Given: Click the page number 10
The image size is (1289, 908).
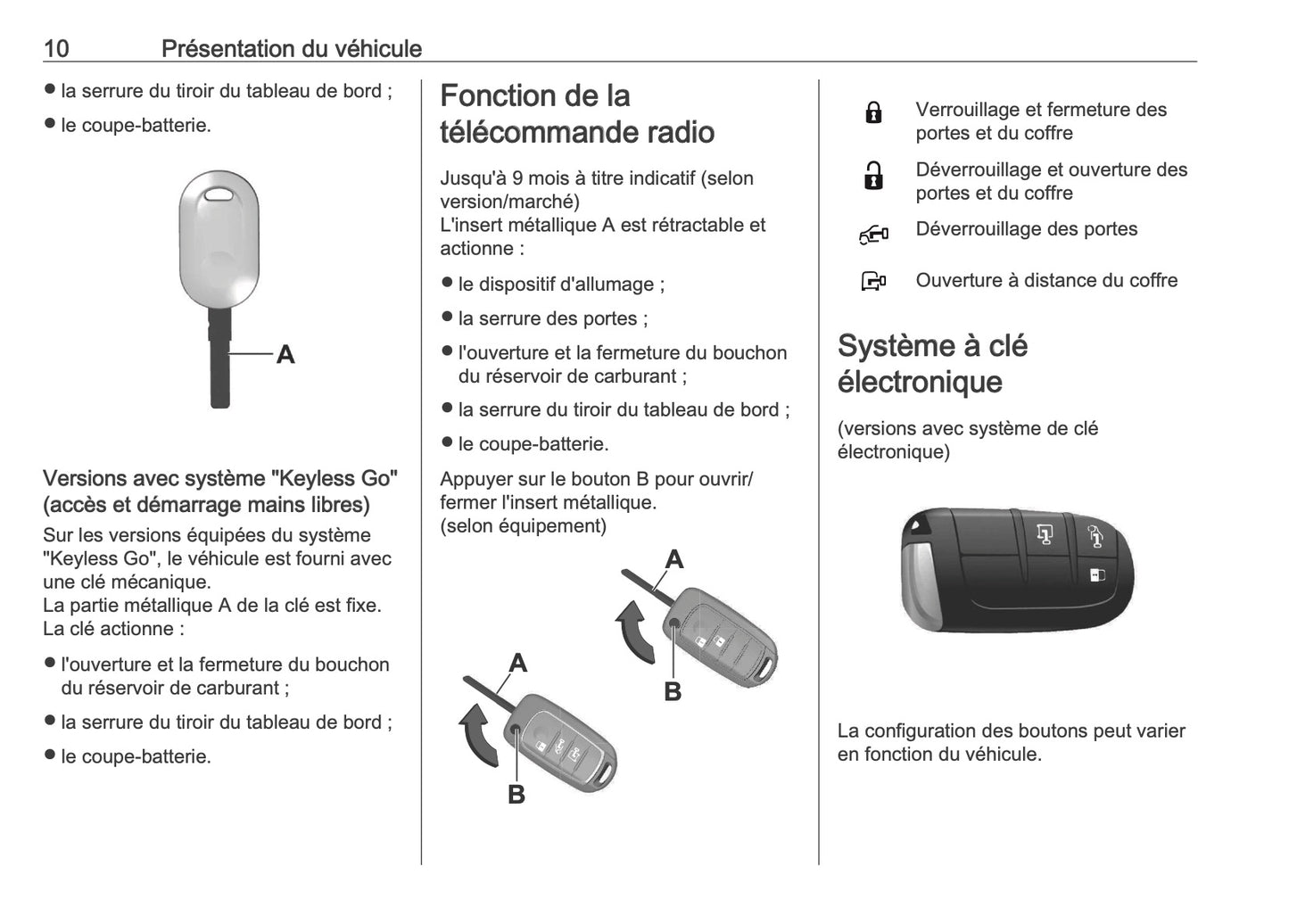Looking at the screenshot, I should click(55, 48).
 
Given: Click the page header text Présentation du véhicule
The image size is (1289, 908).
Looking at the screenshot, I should click(291, 48).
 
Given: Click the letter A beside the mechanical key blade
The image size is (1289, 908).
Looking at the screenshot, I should click(285, 355).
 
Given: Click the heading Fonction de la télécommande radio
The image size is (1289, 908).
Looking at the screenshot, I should click(576, 114).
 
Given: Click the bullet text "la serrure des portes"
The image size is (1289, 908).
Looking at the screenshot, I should click(552, 318).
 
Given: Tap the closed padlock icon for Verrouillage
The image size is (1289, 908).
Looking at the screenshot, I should click(873, 112).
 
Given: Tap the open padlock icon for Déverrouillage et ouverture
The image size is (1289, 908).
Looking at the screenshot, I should click(873, 176).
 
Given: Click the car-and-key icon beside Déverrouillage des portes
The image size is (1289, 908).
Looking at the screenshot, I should click(873, 235).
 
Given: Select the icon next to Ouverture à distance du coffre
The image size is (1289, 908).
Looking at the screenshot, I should click(873, 282).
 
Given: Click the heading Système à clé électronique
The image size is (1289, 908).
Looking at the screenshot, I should click(932, 364).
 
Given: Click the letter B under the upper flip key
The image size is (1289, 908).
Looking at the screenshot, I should click(673, 691).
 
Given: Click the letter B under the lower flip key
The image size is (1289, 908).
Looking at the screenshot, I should click(516, 794).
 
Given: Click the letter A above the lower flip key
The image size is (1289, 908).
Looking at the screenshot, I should click(517, 663).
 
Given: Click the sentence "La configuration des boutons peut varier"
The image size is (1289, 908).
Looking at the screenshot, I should click(1011, 731).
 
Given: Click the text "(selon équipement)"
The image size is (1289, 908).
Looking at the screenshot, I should click(523, 525).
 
